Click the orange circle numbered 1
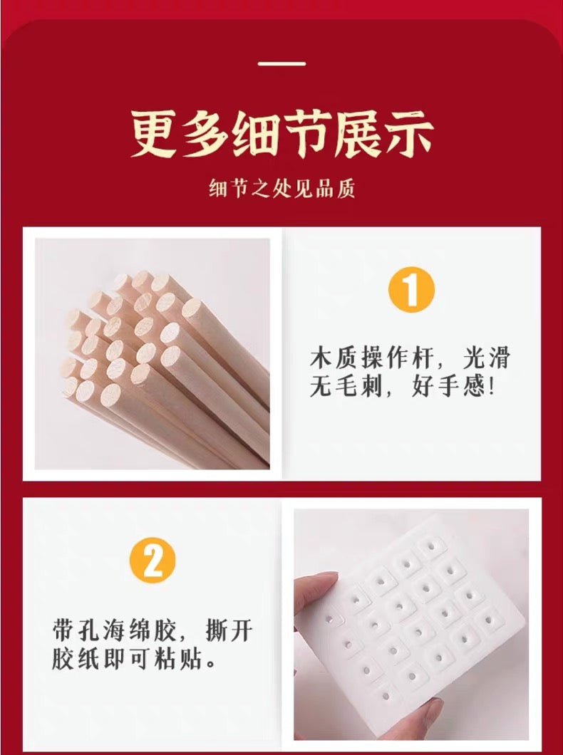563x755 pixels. tap(411, 290)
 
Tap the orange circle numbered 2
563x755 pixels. tap(153, 561)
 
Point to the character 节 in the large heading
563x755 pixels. tap(306, 133)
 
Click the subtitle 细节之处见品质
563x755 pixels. tap(281, 188)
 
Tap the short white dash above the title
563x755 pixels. tap(281, 63)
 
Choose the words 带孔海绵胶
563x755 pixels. tap(114, 630)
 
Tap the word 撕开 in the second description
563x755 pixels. tap(229, 630)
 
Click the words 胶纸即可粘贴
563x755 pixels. tap(127, 658)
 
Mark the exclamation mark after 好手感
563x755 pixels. tap(491, 386)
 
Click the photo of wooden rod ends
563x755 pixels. tap(153, 354)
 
